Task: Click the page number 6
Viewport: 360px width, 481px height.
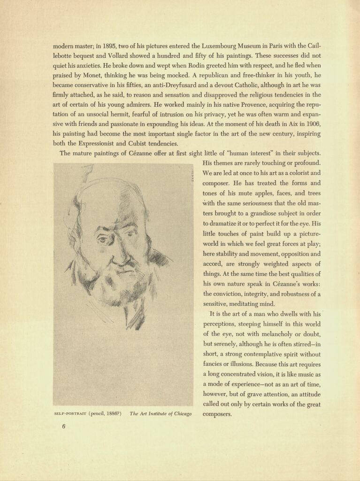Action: [x=63, y=427]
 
